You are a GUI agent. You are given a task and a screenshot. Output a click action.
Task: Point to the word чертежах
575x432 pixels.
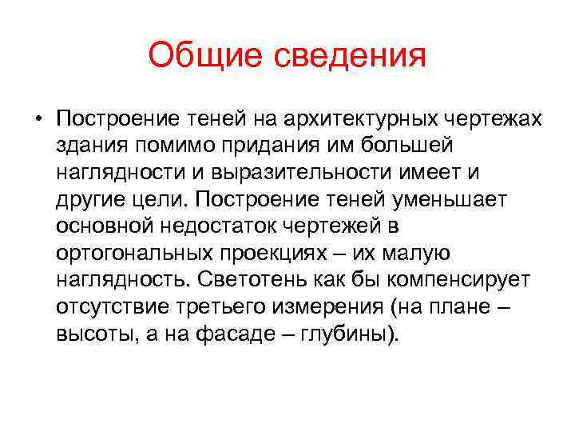click(493, 119)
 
